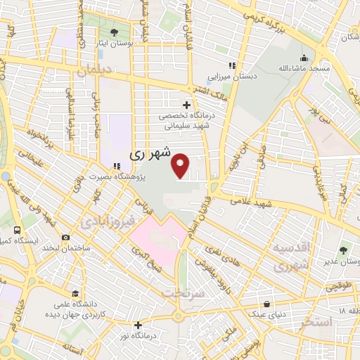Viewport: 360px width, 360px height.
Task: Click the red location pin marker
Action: [182, 165]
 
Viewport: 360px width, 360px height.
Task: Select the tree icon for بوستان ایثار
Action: [114, 32]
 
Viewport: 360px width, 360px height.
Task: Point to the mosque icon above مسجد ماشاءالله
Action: [304, 58]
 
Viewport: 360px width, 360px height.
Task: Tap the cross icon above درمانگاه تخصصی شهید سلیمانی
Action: [186, 105]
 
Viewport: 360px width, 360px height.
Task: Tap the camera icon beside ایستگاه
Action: [65, 238]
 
